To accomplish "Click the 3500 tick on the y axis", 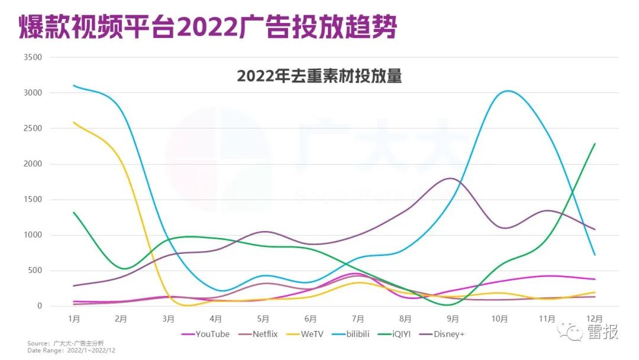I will [32, 57].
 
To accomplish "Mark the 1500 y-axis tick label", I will [32, 200].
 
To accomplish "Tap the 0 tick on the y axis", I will [40, 306].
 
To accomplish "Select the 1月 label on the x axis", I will [74, 319].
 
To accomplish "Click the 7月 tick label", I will [358, 319].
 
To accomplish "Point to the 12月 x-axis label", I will [594, 319].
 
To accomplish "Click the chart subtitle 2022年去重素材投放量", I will [319, 77].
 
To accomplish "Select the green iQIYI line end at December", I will [594, 144].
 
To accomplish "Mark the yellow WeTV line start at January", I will [74, 123].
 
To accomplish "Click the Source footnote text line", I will [65, 343].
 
